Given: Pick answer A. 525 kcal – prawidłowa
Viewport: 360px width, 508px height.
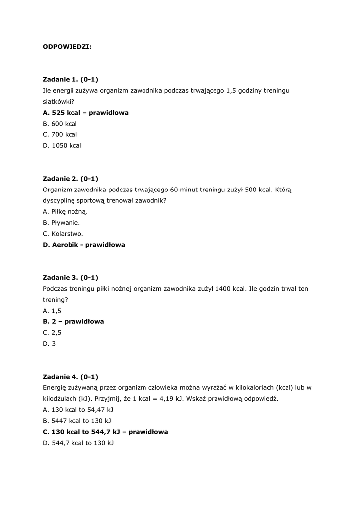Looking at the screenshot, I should pos(85,113).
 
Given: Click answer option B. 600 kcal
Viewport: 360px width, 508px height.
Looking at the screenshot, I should pos(60,124).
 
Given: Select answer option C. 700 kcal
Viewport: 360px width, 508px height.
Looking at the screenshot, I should pos(60,134).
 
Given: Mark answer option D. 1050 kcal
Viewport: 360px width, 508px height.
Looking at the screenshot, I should pos(62,145).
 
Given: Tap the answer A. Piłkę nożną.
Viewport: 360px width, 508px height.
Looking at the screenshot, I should pos(65,211).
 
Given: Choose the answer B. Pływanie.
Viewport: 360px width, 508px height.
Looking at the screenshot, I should pos(62,222).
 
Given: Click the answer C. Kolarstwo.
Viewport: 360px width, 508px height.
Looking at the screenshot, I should pos(63,233).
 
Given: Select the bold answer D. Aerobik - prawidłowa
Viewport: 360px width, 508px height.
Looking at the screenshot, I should pos(84,245).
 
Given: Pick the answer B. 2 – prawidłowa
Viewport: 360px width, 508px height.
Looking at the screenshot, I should pos(73,321).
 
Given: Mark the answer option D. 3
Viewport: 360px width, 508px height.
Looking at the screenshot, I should pos(49,343).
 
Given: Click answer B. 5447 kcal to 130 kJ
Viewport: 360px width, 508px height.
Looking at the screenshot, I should pos(77,421).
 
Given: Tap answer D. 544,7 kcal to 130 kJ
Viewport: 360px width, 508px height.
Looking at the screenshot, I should pos(78,443).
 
